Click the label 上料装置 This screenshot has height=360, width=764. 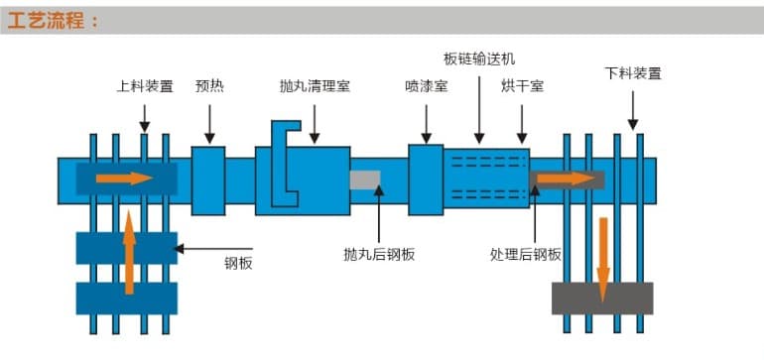click(x=145, y=86)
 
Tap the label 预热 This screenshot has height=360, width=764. click(x=209, y=86)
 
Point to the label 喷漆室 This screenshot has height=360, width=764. click(x=427, y=86)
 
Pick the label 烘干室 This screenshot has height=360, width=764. click(x=523, y=86)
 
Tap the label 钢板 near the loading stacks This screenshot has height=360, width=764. click(x=239, y=262)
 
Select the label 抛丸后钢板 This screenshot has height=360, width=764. click(x=379, y=254)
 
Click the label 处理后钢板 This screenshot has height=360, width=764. click(x=526, y=254)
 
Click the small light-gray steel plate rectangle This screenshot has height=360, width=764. click(x=365, y=180)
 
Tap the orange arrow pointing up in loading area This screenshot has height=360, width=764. click(x=128, y=252)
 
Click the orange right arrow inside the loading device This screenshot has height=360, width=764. click(x=124, y=179)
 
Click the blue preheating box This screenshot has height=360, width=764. click(x=208, y=180)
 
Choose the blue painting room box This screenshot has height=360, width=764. click(x=426, y=179)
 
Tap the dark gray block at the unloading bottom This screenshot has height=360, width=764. click(x=602, y=299)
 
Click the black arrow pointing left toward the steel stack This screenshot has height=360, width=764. click(x=213, y=248)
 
